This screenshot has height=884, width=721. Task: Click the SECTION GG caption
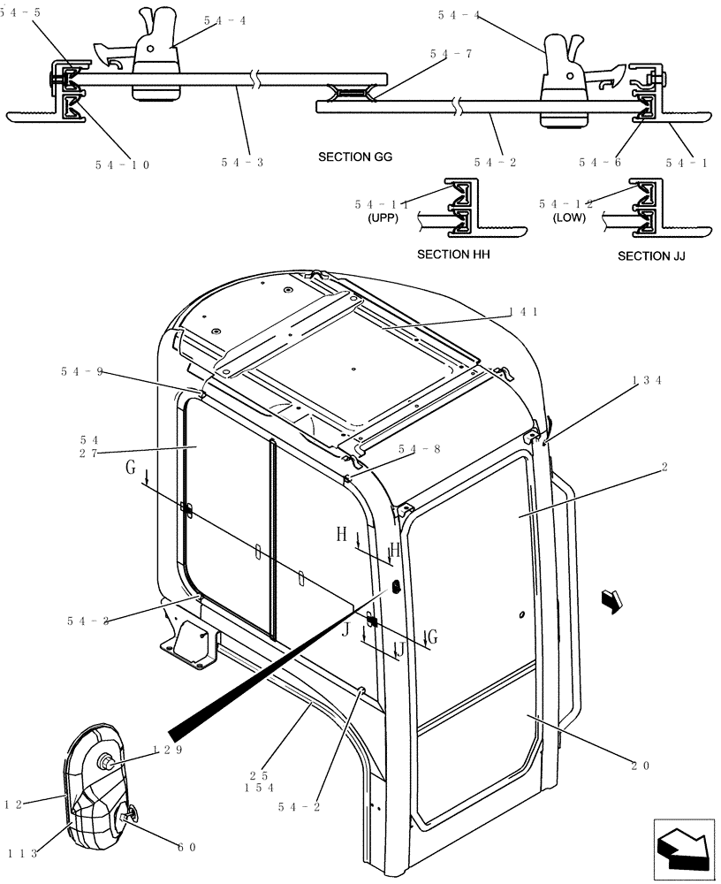click(355, 157)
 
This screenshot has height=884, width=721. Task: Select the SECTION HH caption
click(453, 255)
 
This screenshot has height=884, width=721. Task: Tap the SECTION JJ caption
click(651, 256)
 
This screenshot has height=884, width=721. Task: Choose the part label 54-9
click(82, 372)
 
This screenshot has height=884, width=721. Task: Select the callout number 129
click(167, 750)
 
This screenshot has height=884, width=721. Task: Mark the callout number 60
click(187, 848)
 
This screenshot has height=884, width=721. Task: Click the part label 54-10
click(122, 164)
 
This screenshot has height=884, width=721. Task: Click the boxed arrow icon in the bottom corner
click(683, 850)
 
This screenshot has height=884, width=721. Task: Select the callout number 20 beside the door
click(639, 766)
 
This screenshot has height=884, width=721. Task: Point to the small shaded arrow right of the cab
click(611, 600)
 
